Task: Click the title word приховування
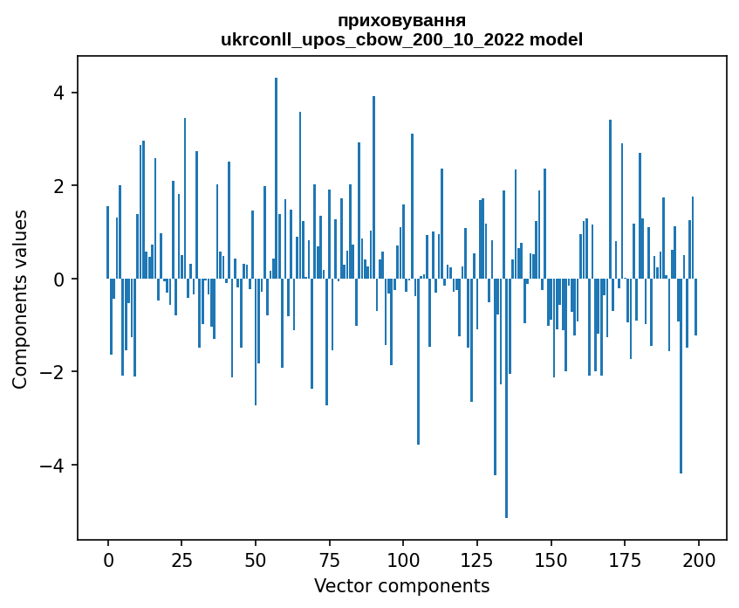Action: [x=401, y=20]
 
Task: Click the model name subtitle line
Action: [x=401, y=39]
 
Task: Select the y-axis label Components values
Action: [x=20, y=299]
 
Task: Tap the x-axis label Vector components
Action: [x=401, y=585]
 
